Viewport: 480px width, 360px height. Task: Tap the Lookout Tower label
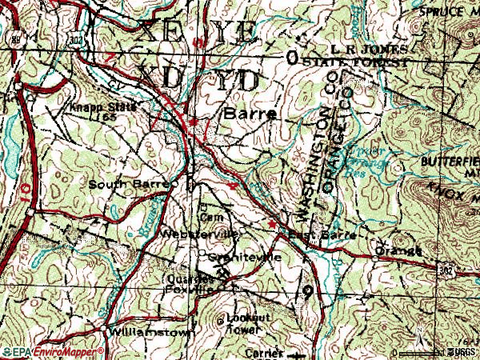click(x=244, y=322)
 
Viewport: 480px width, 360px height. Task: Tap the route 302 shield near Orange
click(x=446, y=272)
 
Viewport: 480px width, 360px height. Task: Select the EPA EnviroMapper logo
click(x=52, y=351)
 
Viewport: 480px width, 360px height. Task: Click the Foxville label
click(x=196, y=291)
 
